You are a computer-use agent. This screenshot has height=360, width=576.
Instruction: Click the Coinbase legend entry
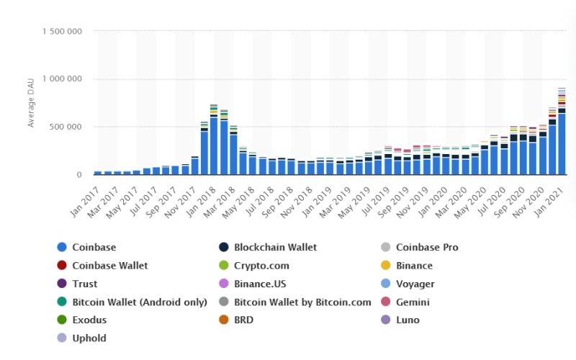[95, 247]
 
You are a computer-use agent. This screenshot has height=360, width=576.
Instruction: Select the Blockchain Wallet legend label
[276, 247]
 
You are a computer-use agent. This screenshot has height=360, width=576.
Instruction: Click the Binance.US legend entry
[264, 284]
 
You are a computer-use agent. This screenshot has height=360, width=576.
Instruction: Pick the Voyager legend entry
[415, 284]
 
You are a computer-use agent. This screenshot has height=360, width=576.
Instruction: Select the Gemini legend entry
[413, 302]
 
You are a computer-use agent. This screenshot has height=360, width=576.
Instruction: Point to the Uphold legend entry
[90, 338]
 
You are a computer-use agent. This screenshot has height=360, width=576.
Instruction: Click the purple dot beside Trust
[62, 284]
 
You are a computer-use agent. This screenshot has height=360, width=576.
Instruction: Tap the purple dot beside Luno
[384, 320]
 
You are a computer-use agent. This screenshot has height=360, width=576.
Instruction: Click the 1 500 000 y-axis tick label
[61, 32]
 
